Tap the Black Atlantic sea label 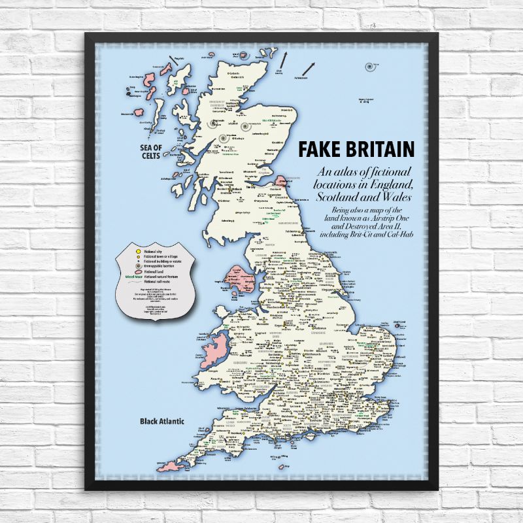point(162,421)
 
